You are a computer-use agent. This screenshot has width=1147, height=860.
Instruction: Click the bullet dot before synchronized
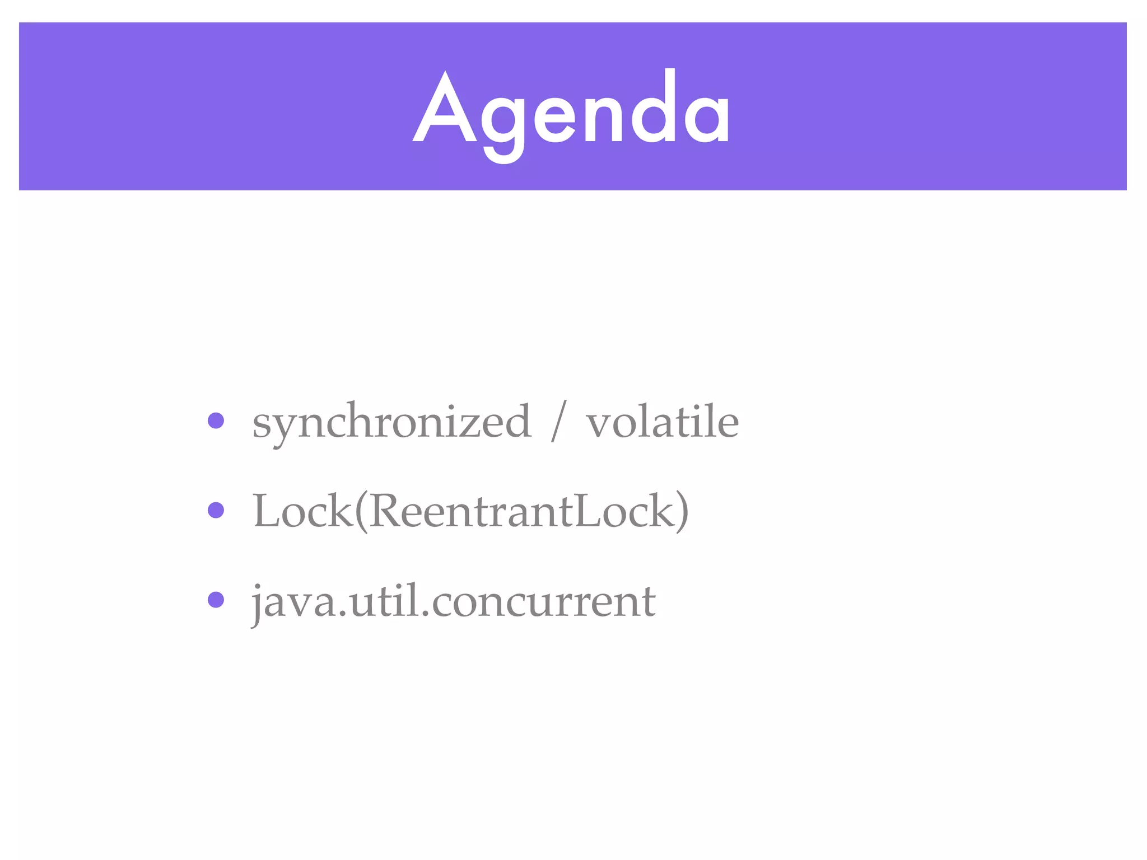pos(216,420)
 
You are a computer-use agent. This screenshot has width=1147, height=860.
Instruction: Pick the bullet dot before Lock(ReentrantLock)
pos(216,510)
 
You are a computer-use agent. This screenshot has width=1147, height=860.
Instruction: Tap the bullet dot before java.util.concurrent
pos(216,600)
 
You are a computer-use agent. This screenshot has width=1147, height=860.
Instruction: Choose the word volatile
pos(662,421)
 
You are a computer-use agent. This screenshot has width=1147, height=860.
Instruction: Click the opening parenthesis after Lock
pos(361,511)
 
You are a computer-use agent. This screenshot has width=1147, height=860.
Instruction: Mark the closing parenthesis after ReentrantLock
pos(682,511)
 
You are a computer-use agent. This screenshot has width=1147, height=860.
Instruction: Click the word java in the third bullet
pos(295,602)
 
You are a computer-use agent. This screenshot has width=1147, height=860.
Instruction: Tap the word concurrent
pos(543,602)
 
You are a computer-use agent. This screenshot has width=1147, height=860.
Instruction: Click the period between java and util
pos(344,615)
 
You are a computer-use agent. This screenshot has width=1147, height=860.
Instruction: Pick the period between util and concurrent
pos(425,615)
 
